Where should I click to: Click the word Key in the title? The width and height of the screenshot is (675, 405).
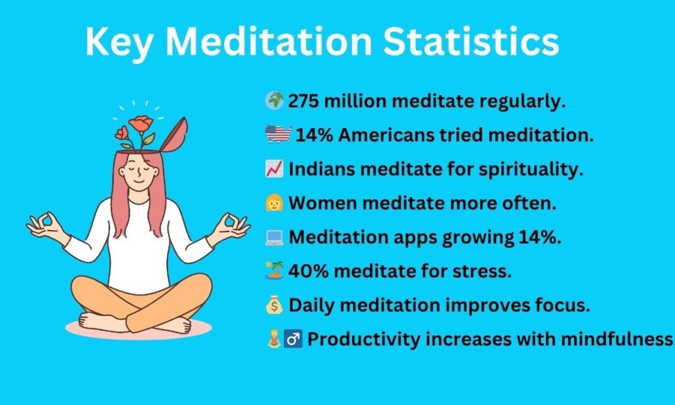click(x=119, y=42)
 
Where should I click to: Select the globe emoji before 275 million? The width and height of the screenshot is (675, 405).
click(x=274, y=101)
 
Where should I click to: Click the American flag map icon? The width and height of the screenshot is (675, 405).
click(x=278, y=135)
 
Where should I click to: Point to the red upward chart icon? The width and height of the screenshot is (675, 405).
click(x=274, y=168)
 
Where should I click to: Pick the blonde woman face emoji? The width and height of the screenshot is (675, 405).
click(x=274, y=202)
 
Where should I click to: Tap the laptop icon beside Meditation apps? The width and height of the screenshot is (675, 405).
click(x=274, y=237)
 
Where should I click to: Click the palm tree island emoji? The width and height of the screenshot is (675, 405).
click(x=274, y=270)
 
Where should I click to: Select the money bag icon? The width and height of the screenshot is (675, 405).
click(x=274, y=305)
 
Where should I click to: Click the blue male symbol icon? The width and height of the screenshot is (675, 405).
click(x=293, y=339)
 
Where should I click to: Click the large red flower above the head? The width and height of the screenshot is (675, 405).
click(x=140, y=124)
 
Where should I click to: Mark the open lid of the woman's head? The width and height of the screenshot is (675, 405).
click(x=175, y=135)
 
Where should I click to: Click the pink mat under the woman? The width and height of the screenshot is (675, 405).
click(x=138, y=328)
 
